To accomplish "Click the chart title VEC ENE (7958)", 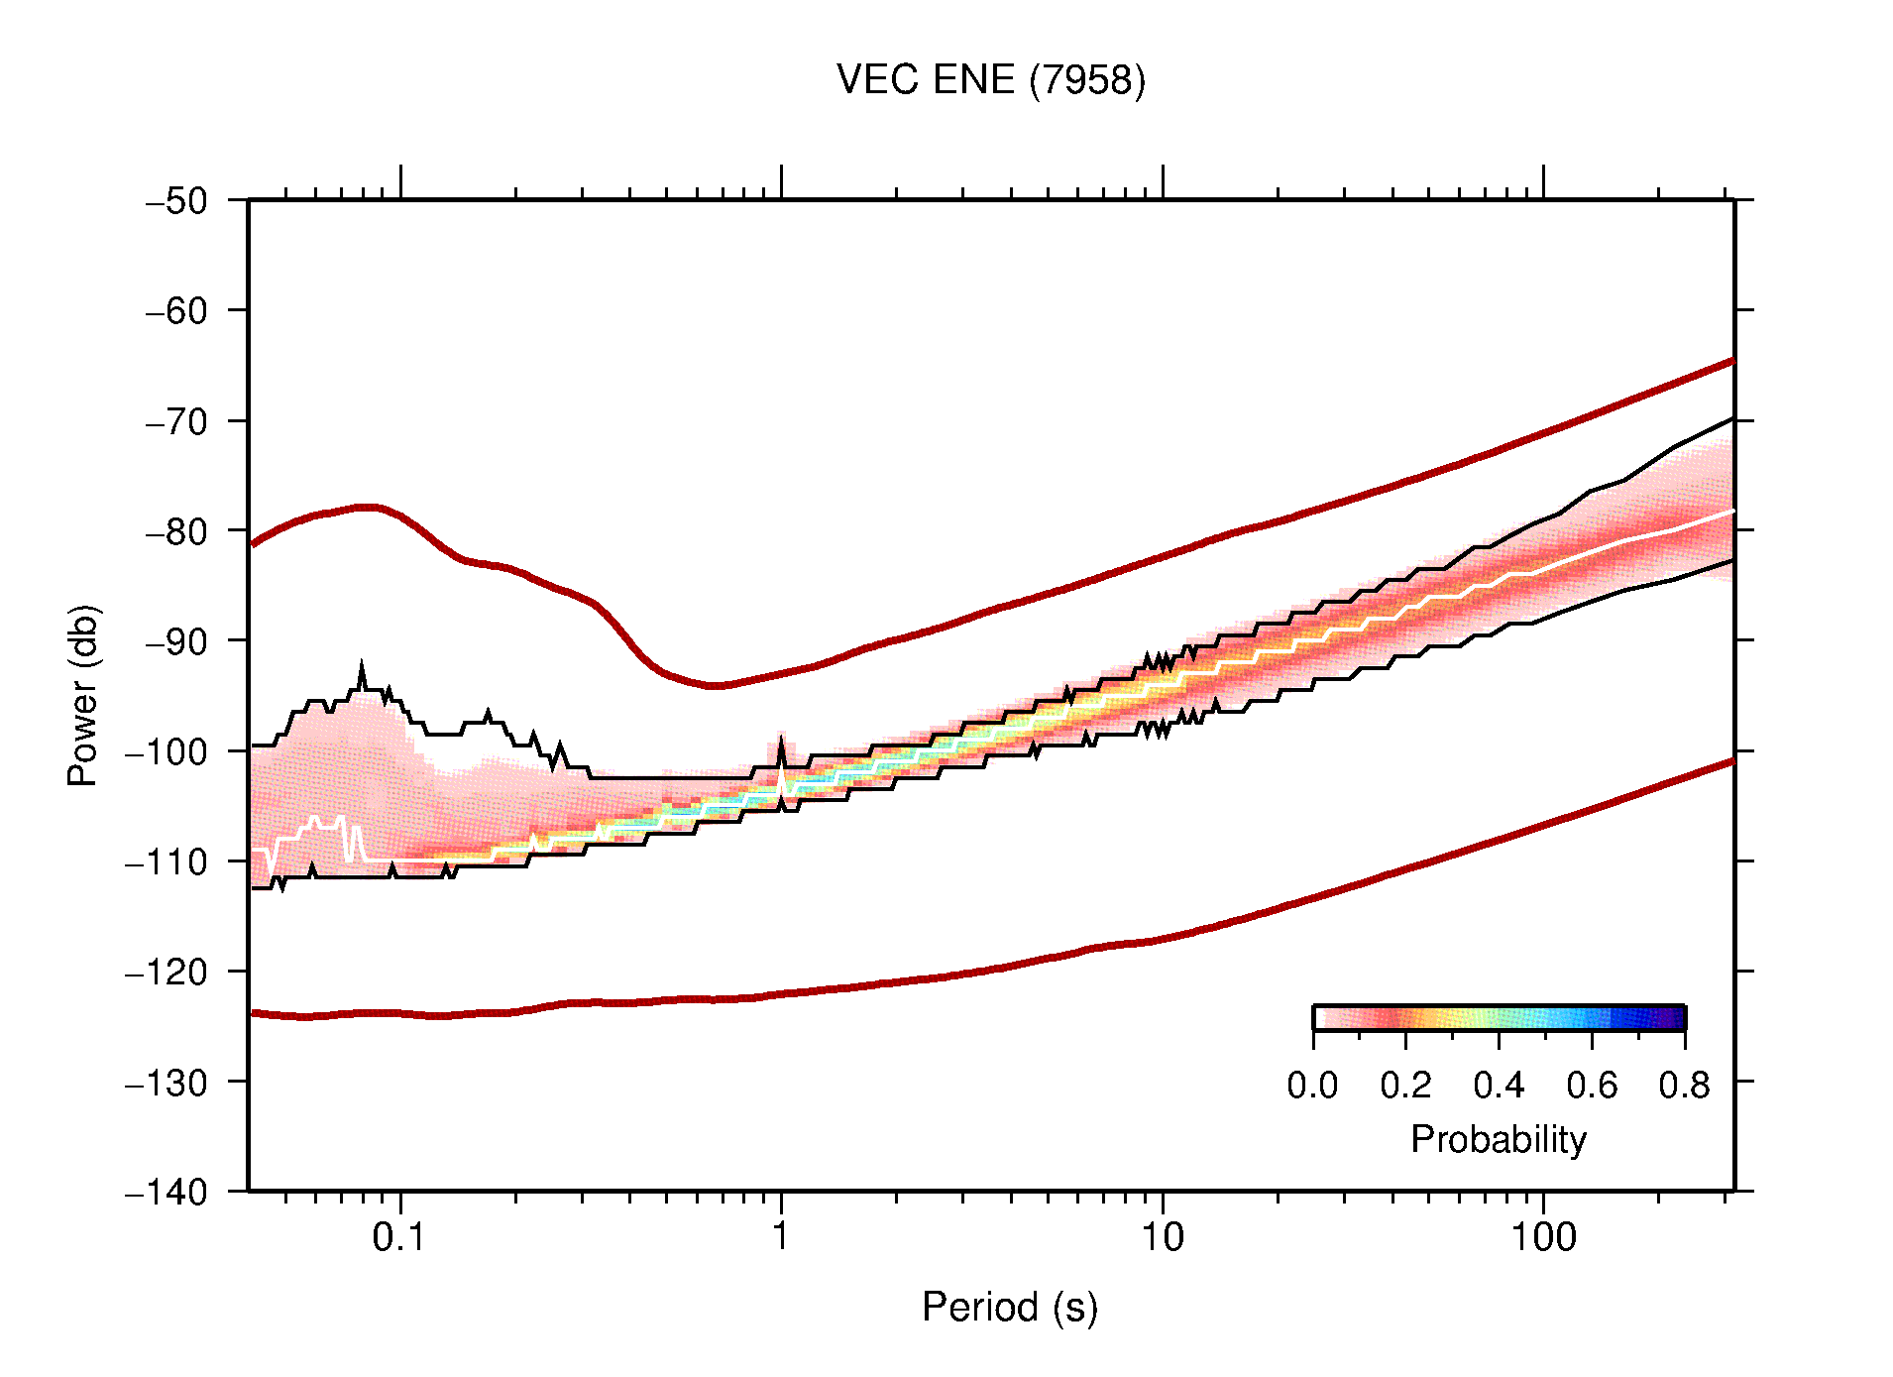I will (x=990, y=80).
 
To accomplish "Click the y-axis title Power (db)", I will (x=83, y=695).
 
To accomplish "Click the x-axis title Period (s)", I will (x=1009, y=1308).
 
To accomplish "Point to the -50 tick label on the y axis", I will (x=176, y=201).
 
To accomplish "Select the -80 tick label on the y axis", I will (x=176, y=531).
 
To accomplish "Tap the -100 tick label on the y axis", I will (x=167, y=751).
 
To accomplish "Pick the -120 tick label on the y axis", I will (x=167, y=973).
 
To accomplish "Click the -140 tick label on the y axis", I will (x=167, y=1192).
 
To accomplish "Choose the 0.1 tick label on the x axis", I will (x=398, y=1237).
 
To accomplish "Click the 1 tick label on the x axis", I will (x=781, y=1237).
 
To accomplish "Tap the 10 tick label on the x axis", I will (x=1162, y=1237).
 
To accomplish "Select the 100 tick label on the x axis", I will (x=1542, y=1237).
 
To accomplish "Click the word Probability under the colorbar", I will (x=1498, y=1140).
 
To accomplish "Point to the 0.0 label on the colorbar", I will (x=1312, y=1086).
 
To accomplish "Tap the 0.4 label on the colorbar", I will (x=1499, y=1086).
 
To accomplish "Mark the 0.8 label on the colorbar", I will (x=1684, y=1086).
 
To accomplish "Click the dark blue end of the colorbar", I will (x=1675, y=1018).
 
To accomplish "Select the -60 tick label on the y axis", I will (x=176, y=311).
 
